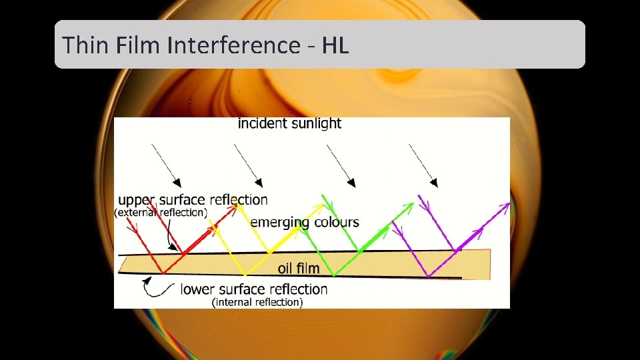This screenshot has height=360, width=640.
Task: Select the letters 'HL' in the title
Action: coord(335,45)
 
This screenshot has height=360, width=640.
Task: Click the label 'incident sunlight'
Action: coord(289,123)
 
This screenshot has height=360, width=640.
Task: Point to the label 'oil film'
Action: coord(299,269)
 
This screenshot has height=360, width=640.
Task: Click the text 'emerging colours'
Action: coord(305,223)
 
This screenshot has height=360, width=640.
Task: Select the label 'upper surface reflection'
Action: coord(193,200)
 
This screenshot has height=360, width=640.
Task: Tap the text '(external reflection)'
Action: coord(161,213)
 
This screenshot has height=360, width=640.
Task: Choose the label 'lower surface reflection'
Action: coord(254,289)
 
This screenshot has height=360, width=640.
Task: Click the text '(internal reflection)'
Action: coord(257,303)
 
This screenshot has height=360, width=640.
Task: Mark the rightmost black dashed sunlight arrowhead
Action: coord(434,181)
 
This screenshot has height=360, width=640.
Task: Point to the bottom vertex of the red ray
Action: coord(162,273)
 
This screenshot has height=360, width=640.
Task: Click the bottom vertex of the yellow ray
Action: coord(246,275)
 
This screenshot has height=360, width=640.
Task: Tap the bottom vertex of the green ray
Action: coord(333,275)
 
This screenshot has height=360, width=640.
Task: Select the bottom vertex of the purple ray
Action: coord(427,276)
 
